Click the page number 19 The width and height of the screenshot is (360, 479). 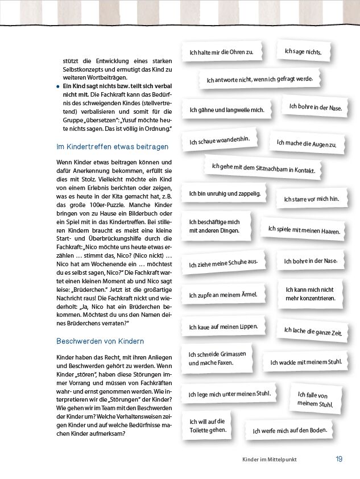click(338, 459)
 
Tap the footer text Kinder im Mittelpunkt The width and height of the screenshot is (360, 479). click(269, 460)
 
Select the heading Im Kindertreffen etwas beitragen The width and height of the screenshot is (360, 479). click(113, 147)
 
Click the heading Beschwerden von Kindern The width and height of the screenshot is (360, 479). click(100, 341)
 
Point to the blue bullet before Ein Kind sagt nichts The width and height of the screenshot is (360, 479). click(58, 85)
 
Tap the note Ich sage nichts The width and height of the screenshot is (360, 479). click(303, 52)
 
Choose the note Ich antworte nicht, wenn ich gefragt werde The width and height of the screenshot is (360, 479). click(259, 80)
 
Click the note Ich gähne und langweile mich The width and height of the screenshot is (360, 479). click(227, 109)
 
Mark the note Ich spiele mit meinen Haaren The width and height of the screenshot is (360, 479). click(304, 230)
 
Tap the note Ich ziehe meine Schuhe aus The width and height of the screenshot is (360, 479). click(224, 263)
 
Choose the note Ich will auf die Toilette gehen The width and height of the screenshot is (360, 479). click(208, 426)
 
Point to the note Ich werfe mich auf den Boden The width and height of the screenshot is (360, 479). click(289, 431)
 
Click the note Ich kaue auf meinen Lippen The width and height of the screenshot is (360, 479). click(224, 327)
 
